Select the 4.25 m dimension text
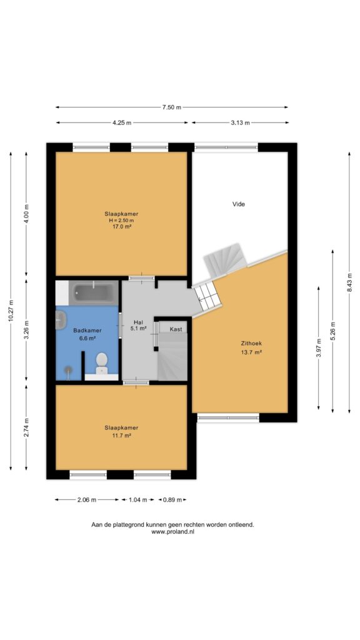pos(122,123)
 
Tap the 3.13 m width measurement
pos(241,123)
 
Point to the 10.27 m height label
pos(11,311)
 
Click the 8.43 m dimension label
pos(349,282)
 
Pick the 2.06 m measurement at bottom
pos(87,499)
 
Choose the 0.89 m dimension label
pos(172,499)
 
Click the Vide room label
pos(239,204)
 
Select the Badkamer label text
pos(87,331)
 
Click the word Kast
pos(176,329)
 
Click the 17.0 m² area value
pos(122,226)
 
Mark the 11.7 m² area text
pos(121,436)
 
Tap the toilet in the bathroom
pos(101,363)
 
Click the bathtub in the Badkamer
pos(94,292)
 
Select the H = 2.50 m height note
pos(122,220)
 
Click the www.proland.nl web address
pos(172,532)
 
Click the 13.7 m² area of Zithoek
pos(251,352)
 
